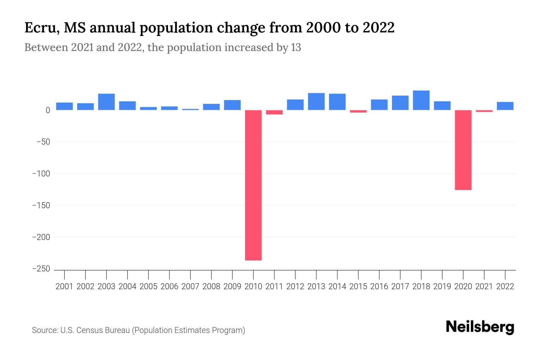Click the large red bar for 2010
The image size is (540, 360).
click(253, 185)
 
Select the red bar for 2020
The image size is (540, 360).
click(463, 150)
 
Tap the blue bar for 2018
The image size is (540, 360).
click(421, 100)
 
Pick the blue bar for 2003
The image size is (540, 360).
click(106, 102)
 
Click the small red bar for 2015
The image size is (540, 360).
click(358, 111)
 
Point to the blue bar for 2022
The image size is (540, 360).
click(505, 106)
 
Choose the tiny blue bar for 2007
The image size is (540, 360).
click(190, 109)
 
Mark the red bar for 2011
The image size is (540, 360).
click(274, 112)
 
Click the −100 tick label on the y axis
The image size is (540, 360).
click(41, 174)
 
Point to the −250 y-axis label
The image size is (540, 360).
click(41, 269)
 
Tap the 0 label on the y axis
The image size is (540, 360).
click(48, 110)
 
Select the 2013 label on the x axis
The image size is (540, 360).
click(316, 286)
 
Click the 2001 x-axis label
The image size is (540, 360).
click(64, 286)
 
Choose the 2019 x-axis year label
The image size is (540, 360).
click(442, 286)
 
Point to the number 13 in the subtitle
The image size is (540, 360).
click(296, 47)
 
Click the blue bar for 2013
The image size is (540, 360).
click(316, 101)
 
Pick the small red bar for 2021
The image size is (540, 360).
click(484, 111)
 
